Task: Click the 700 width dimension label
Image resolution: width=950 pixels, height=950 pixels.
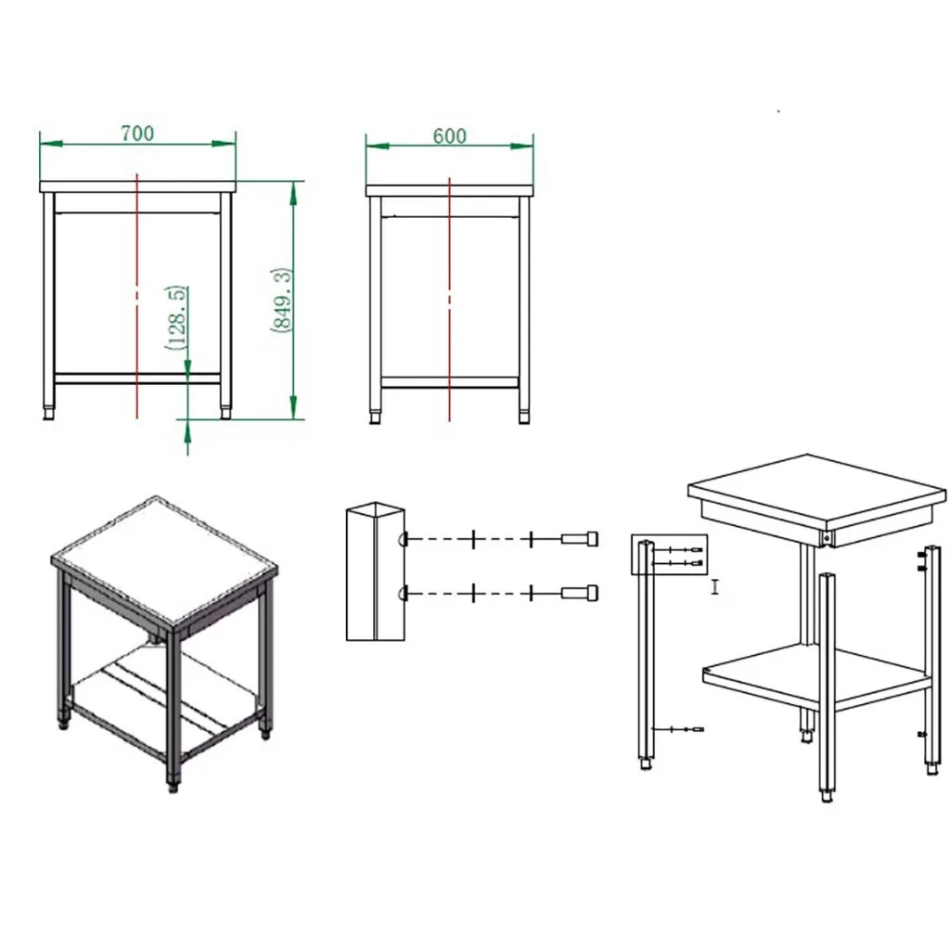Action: pos(137,133)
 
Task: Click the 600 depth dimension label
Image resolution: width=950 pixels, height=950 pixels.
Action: pos(450,135)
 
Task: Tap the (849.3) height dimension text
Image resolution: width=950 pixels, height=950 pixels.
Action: pos(281,300)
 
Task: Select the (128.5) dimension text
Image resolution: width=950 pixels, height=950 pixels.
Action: pos(175,317)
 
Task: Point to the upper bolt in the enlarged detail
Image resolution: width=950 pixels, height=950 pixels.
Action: pos(580,539)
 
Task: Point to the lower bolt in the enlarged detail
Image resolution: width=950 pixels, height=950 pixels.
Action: pos(580,593)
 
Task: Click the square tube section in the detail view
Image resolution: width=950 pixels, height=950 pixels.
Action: pos(375,571)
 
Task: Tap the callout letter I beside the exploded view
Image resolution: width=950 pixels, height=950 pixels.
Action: pos(715,586)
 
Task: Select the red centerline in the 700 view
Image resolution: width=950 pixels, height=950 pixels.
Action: pos(137,296)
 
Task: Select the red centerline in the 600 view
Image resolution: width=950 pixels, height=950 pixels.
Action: pos(450,300)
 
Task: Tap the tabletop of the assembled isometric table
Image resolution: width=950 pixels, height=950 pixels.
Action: pos(163,558)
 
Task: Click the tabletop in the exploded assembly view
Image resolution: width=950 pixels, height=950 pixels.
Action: pos(816,491)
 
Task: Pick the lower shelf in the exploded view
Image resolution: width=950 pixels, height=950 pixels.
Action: pos(817,674)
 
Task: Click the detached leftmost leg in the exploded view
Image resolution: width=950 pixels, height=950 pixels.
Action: pos(646,655)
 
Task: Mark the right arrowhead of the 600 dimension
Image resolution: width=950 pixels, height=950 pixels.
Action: pos(521,146)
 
